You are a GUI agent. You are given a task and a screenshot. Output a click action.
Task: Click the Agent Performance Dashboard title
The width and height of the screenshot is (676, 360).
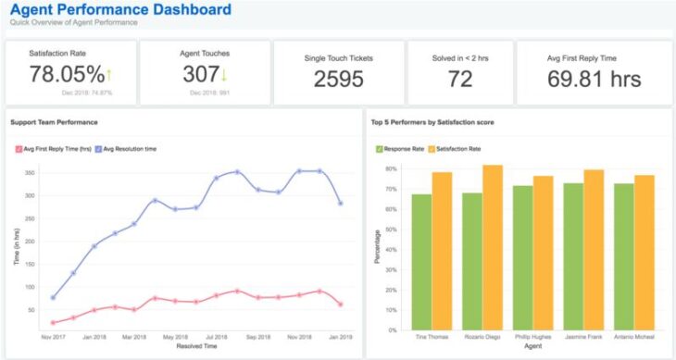(119, 11)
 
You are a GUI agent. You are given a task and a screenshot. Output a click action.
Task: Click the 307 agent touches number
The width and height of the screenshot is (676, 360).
(200, 76)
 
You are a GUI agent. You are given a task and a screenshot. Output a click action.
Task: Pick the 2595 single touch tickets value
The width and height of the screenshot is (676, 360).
(339, 80)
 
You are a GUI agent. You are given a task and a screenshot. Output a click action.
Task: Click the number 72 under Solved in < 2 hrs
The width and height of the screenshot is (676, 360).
(460, 80)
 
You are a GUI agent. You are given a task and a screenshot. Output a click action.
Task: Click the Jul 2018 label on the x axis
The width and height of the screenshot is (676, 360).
(217, 339)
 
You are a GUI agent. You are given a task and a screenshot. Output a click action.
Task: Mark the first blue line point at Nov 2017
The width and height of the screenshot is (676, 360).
(53, 297)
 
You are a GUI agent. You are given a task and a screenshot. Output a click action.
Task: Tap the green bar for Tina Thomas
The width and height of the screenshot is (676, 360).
(421, 261)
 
